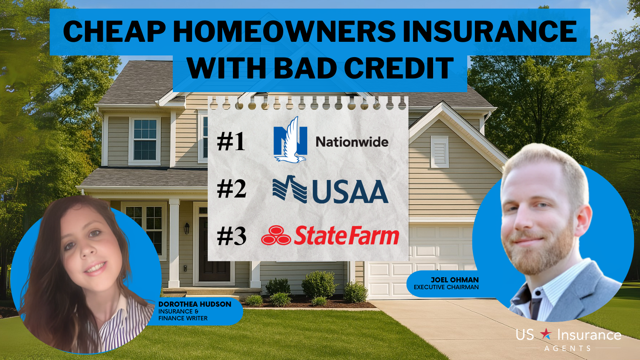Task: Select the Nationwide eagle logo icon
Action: pos(290,140)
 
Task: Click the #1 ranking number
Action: pos(231,142)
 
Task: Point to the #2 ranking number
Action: pos(231,189)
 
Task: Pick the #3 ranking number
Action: pos(231,237)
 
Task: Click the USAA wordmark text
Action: pos(350,192)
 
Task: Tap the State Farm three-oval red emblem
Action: pos(276,235)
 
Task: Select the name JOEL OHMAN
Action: pos(454,280)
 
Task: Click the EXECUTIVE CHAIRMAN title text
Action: pos(446,287)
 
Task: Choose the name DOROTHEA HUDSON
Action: pos(195,304)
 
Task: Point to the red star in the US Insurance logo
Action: pos(546,334)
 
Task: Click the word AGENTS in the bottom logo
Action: pos(567,348)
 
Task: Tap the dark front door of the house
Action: pos(214,249)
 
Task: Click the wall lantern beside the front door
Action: pos(187,228)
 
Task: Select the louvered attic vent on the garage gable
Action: pos(439,152)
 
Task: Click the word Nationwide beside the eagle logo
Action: pos(352,142)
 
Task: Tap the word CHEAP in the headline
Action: pos(114,32)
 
